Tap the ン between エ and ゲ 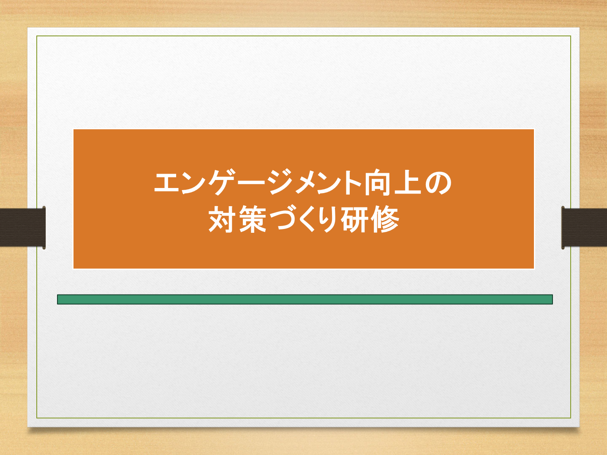click(x=193, y=183)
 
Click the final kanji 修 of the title click(x=384, y=219)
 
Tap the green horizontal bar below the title click(x=305, y=299)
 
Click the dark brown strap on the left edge click(x=23, y=227)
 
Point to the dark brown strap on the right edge click(x=584, y=227)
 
